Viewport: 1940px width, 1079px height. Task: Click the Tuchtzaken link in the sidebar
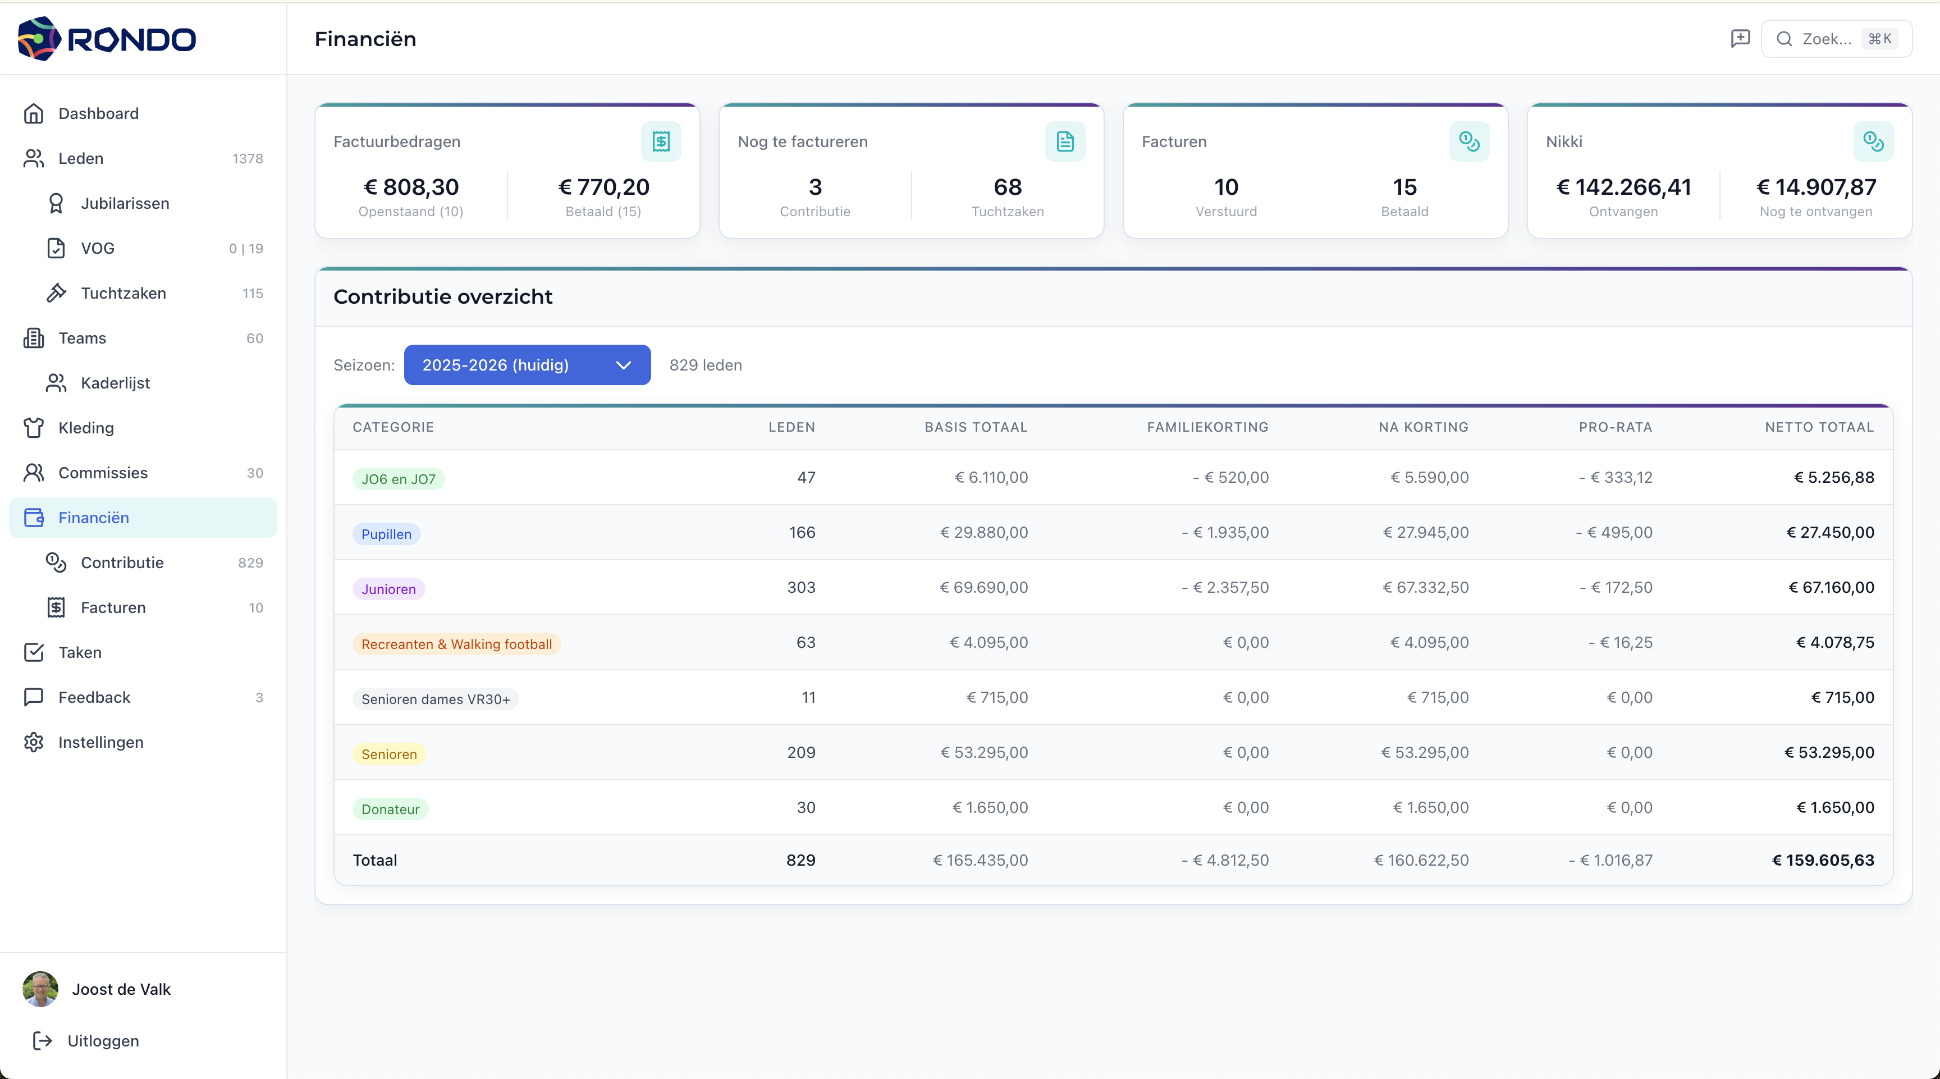click(x=123, y=294)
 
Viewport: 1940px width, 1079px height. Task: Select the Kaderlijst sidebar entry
click(x=115, y=383)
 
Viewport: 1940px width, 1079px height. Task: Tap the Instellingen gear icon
click(x=34, y=742)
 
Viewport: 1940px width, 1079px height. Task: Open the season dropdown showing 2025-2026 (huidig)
click(x=527, y=365)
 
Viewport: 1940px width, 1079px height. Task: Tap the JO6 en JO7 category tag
click(x=399, y=479)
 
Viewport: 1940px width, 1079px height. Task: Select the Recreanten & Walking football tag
click(x=456, y=644)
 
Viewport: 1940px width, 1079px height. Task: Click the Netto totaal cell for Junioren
click(x=1831, y=587)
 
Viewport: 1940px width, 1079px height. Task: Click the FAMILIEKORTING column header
click(x=1207, y=427)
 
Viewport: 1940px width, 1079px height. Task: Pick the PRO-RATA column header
click(x=1616, y=427)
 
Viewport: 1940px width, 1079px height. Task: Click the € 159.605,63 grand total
click(x=1823, y=860)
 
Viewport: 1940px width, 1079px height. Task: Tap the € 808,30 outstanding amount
click(x=411, y=187)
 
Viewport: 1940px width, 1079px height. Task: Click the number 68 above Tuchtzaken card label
click(x=1007, y=187)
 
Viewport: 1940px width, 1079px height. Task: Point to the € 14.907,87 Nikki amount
click(x=1816, y=187)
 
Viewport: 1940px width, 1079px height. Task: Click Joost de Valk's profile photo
click(x=40, y=989)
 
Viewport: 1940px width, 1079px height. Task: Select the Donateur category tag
click(x=390, y=808)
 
